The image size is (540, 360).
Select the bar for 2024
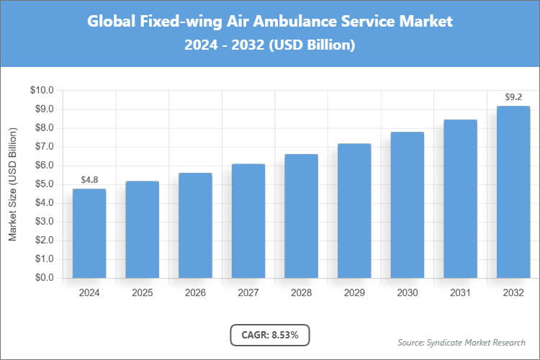(x=89, y=233)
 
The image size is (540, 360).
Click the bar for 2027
(x=248, y=221)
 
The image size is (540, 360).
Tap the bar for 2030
(x=407, y=205)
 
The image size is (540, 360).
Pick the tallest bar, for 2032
(x=513, y=192)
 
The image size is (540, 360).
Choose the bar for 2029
(x=354, y=211)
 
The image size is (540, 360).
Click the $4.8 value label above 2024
(x=89, y=179)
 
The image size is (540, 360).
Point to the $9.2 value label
(x=513, y=96)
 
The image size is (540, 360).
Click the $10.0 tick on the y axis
(x=42, y=91)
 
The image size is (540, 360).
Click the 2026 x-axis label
(x=195, y=293)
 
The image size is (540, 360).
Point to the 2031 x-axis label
(x=460, y=293)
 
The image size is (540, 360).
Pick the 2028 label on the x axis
(x=301, y=293)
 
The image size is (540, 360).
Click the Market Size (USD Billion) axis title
(x=12, y=184)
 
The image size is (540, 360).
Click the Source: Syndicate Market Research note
(x=461, y=342)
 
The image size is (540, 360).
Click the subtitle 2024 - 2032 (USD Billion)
(x=269, y=45)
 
